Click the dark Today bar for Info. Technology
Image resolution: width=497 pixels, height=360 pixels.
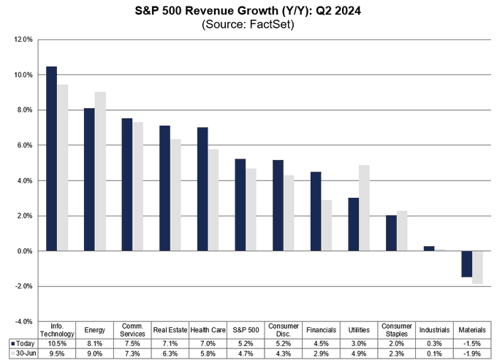point(51,158)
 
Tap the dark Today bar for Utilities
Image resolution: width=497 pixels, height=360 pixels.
point(353,224)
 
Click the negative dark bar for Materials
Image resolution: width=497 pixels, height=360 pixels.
point(466,264)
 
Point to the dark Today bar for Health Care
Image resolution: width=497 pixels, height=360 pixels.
point(202,189)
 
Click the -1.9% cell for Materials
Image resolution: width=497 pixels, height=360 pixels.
point(472,352)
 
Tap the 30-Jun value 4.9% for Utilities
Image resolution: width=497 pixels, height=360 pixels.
point(359,352)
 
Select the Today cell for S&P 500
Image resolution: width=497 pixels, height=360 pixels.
point(245,342)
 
